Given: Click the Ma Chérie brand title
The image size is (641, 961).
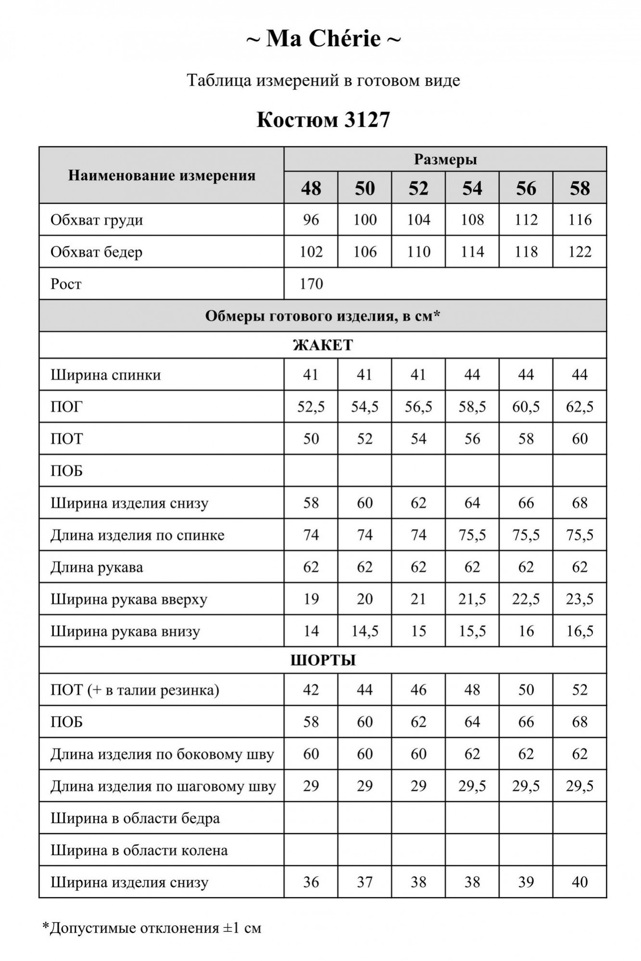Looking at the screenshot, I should [x=323, y=39].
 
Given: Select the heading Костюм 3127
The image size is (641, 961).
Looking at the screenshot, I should [x=323, y=120].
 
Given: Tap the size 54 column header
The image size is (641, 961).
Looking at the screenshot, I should [x=472, y=188].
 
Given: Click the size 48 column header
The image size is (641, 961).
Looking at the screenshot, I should [x=311, y=188].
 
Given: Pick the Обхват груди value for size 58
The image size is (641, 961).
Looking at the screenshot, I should [x=580, y=220].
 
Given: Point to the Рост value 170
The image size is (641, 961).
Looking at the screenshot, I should [x=311, y=284].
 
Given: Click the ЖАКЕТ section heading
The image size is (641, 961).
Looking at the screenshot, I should [x=323, y=345].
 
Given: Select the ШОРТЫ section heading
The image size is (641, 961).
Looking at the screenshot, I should [x=323, y=660].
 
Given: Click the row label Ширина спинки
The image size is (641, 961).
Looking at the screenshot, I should [x=106, y=375].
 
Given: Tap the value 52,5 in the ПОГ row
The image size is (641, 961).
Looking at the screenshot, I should [x=311, y=407].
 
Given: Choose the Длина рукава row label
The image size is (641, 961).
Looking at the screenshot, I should [x=97, y=567].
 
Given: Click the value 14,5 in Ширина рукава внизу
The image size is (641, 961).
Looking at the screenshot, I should [x=365, y=631].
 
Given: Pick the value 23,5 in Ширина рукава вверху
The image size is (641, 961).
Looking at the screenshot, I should [x=580, y=599].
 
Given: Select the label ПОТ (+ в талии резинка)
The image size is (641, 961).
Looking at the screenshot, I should [x=135, y=690].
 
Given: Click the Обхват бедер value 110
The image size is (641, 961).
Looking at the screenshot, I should [x=418, y=252].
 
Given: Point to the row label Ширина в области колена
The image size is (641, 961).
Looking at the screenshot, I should [x=139, y=850].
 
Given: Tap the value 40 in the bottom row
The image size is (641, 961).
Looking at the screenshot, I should [x=580, y=882].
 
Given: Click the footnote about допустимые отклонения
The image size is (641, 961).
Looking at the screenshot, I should [x=152, y=928].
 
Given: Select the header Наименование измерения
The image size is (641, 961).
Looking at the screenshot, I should [x=162, y=175].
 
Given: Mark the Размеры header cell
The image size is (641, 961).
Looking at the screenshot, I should [x=445, y=160].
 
